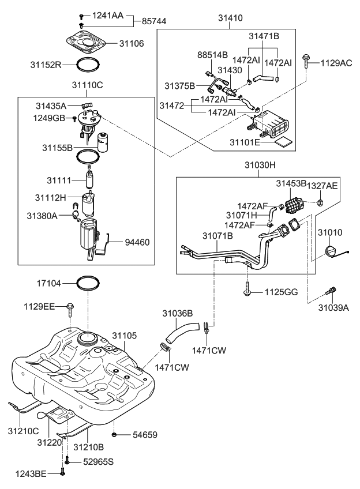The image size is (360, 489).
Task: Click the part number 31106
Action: [132, 43]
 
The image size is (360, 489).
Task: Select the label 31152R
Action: [46, 65]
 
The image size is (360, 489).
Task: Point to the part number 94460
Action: [137, 243]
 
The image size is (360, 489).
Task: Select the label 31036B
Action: [177, 314]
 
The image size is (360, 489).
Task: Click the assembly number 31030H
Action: [260, 165]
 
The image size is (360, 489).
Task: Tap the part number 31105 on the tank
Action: [124, 336]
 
